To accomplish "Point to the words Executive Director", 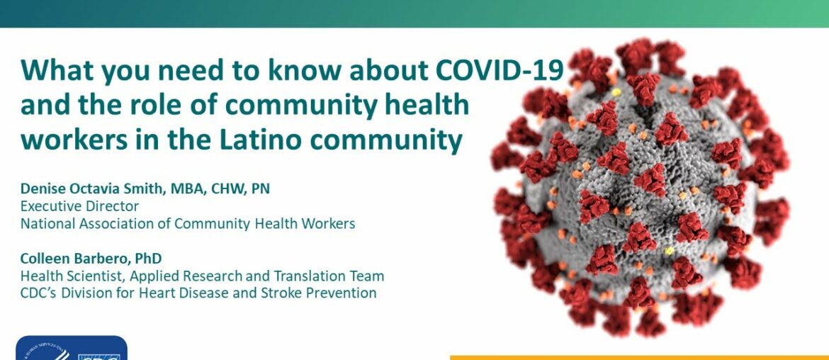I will pos(79,206).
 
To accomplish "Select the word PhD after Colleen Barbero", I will pos(151,259).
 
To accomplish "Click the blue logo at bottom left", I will pos(71,349).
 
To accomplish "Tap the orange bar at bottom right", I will pos(638,356).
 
